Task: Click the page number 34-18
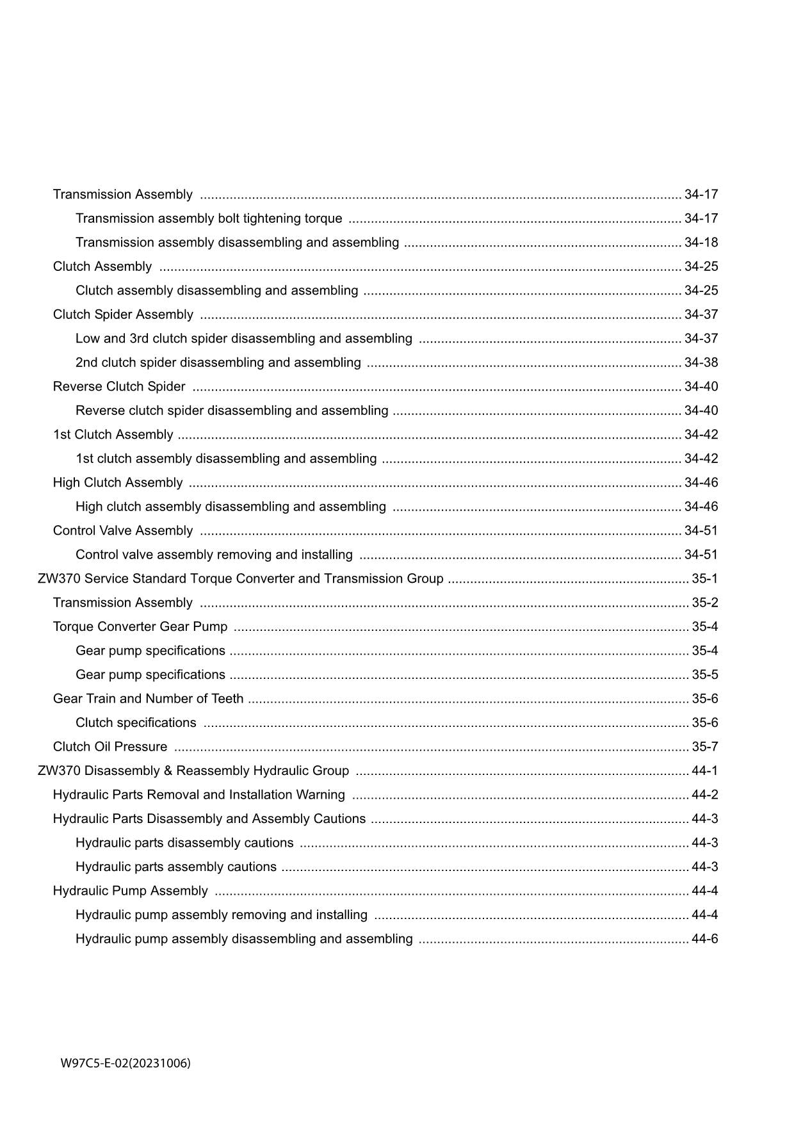[x=701, y=242]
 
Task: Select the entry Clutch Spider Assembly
[x=123, y=314]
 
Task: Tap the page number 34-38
[x=701, y=362]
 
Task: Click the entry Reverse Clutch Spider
[x=119, y=386]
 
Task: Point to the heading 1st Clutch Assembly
[x=113, y=434]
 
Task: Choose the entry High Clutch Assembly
[x=118, y=482]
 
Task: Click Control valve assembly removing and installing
[x=214, y=555]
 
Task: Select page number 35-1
[x=704, y=578]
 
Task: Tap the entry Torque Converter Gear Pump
[x=140, y=626]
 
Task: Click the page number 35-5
[x=704, y=674]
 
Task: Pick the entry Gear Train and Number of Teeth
[x=148, y=699]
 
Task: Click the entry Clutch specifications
[x=136, y=722]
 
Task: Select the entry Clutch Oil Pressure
[x=110, y=747]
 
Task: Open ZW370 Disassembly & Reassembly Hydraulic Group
[x=193, y=770]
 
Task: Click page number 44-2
[x=704, y=795]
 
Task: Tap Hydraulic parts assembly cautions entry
[x=176, y=867]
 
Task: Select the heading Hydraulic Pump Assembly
[x=130, y=891]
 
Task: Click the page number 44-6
[x=704, y=939]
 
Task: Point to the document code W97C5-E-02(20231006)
[x=126, y=1064]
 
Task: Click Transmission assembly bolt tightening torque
[x=209, y=218]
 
